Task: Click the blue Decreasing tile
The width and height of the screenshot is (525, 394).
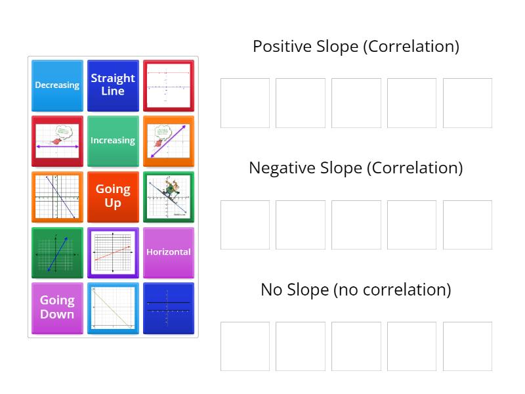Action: (57, 85)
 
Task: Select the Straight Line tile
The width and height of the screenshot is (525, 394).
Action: (113, 85)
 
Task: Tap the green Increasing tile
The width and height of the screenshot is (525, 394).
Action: (113, 141)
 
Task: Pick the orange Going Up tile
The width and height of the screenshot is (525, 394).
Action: (113, 196)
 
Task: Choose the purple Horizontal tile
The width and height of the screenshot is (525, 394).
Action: (169, 252)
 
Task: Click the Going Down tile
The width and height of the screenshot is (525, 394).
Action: (57, 307)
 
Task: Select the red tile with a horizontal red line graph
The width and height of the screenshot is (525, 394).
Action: (169, 85)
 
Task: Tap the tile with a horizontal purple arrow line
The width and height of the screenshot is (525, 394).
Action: (57, 141)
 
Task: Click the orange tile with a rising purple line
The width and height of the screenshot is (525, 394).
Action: (169, 141)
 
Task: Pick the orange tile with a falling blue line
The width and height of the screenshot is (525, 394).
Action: (57, 196)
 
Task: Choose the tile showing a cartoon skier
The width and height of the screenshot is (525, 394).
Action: (169, 196)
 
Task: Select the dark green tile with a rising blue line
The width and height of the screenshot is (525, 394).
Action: (57, 252)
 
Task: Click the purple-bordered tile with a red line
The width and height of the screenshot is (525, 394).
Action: (113, 252)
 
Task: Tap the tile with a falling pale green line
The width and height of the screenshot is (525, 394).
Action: (113, 307)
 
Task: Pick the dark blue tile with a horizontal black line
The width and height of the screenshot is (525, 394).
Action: (169, 307)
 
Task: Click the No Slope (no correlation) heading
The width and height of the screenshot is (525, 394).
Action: (356, 290)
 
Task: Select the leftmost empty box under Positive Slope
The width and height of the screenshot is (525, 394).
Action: (245, 103)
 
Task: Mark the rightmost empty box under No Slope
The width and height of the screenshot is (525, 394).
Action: (467, 346)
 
